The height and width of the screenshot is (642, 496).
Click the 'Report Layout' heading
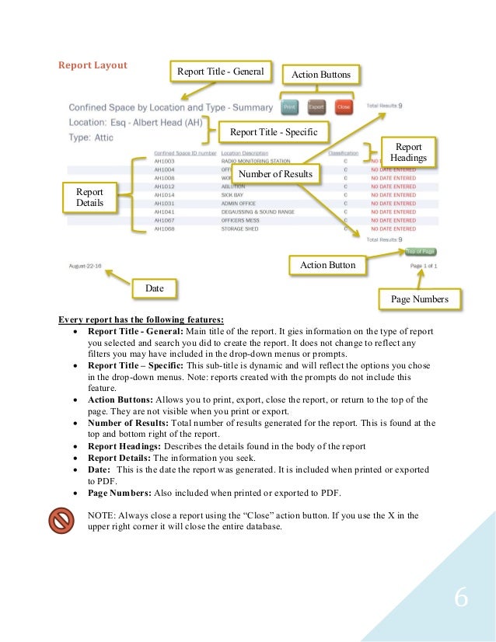pyautogui.click(x=93, y=65)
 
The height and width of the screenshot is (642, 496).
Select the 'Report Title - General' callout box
pyautogui.click(x=221, y=72)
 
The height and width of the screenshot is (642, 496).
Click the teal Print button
pyautogui.click(x=289, y=106)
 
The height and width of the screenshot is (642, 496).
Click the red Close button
pyautogui.click(x=343, y=106)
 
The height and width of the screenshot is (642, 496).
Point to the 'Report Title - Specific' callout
pyautogui.click(x=273, y=133)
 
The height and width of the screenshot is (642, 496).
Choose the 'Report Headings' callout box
pyautogui.click(x=409, y=152)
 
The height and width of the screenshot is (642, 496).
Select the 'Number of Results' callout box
pyautogui.click(x=274, y=174)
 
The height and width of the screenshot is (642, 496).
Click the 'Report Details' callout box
pyautogui.click(x=89, y=198)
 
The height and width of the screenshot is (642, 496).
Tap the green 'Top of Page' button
pyautogui.click(x=421, y=252)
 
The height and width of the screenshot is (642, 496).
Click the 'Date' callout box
pyautogui.click(x=154, y=288)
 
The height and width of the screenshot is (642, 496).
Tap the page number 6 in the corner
pyautogui.click(x=461, y=599)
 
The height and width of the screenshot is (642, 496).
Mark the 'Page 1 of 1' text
pyautogui.click(x=423, y=266)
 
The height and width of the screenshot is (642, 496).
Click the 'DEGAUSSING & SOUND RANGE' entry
pyautogui.click(x=253, y=212)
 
